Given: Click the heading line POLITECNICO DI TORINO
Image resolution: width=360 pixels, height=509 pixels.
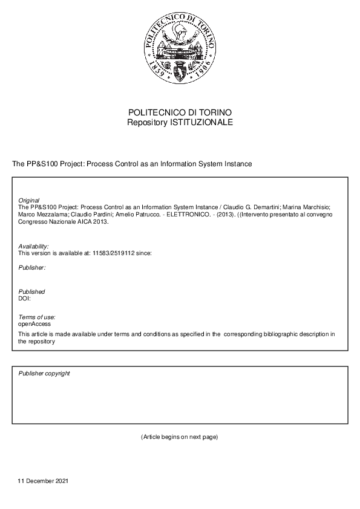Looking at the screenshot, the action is (x=180, y=113).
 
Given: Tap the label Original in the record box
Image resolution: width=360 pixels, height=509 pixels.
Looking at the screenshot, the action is (x=29, y=200).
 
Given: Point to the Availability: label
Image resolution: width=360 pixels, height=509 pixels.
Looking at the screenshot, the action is (x=34, y=247).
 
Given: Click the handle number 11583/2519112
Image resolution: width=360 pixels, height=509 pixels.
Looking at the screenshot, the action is (x=117, y=253).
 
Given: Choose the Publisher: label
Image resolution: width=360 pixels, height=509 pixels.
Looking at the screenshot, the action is (x=32, y=267).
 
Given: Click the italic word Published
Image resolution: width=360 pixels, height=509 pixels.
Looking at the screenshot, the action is (x=31, y=291).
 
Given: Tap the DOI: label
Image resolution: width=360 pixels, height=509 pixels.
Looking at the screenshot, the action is (x=25, y=298).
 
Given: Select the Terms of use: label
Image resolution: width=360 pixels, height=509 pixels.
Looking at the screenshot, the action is (x=37, y=317).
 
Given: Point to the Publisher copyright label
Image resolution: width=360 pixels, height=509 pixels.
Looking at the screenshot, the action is (x=44, y=374).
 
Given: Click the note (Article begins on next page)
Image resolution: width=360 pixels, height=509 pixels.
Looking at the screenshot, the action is (x=179, y=436).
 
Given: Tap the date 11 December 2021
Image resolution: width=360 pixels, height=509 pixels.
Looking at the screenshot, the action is (x=44, y=481).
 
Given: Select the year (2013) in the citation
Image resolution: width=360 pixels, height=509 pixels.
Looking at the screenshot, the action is (x=223, y=214).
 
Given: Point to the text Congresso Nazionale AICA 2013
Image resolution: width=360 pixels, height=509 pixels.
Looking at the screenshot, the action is (x=64, y=221).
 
